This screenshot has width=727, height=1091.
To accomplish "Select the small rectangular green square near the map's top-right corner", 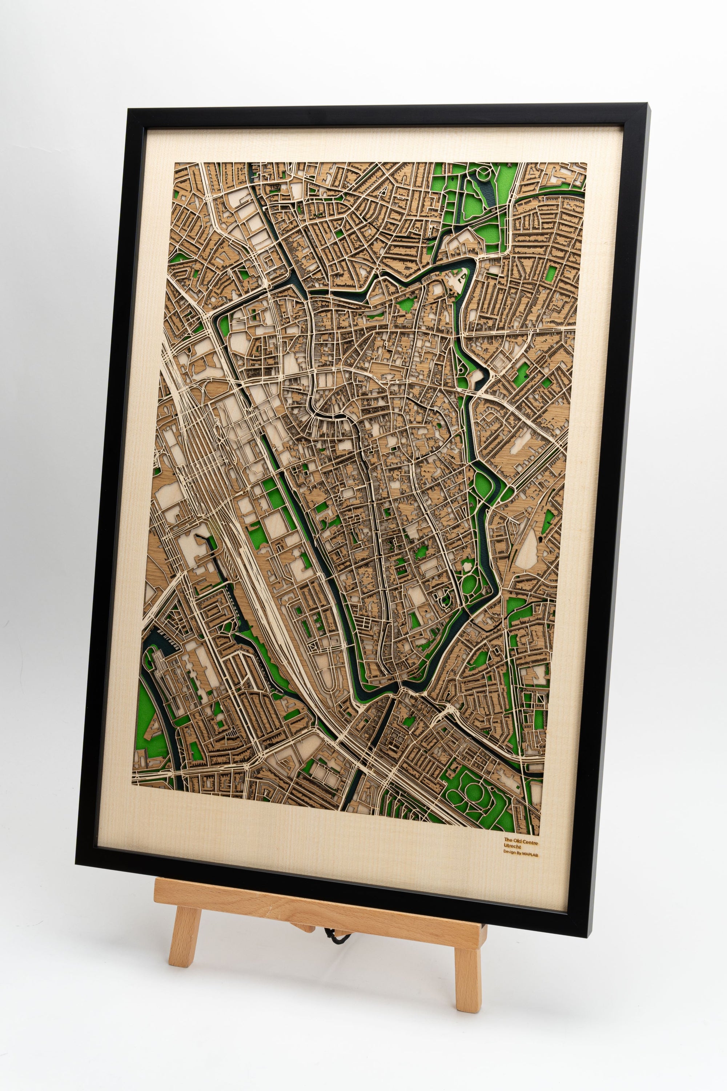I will [x=550, y=273].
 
